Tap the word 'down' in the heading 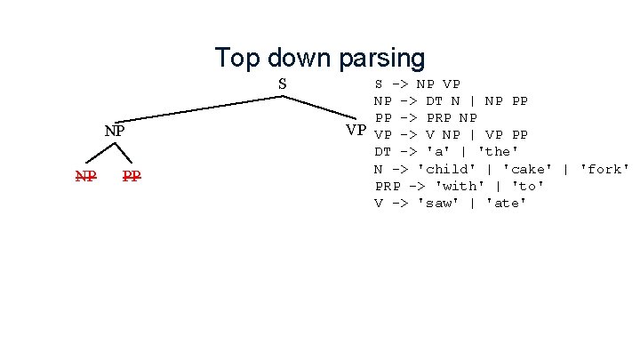coord(300,59)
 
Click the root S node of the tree coord(282,84)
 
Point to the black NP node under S coord(114,131)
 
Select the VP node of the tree coord(356,131)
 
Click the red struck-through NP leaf coord(85,176)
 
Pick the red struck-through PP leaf coord(132,176)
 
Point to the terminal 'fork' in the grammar coord(605,169)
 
